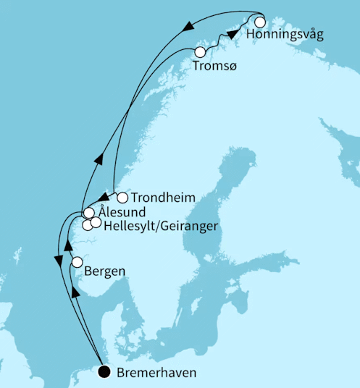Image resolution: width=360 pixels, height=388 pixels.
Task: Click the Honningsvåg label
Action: click(x=284, y=35)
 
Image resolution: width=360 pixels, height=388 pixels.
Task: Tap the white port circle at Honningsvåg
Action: click(x=260, y=22)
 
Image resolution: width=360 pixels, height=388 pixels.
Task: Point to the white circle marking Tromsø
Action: click(x=200, y=52)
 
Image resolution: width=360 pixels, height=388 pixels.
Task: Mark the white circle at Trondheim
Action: click(x=122, y=198)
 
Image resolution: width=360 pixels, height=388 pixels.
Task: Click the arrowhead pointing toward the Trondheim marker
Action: click(x=104, y=198)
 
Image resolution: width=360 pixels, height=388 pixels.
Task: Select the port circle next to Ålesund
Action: click(x=88, y=213)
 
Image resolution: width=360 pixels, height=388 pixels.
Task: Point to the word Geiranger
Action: click(x=186, y=227)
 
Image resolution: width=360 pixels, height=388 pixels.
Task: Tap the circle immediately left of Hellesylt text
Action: click(x=96, y=222)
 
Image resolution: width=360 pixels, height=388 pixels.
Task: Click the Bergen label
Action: click(x=105, y=272)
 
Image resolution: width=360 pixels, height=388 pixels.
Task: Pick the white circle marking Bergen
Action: click(x=77, y=263)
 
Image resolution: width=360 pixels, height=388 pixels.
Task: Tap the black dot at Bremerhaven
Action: click(x=104, y=373)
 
